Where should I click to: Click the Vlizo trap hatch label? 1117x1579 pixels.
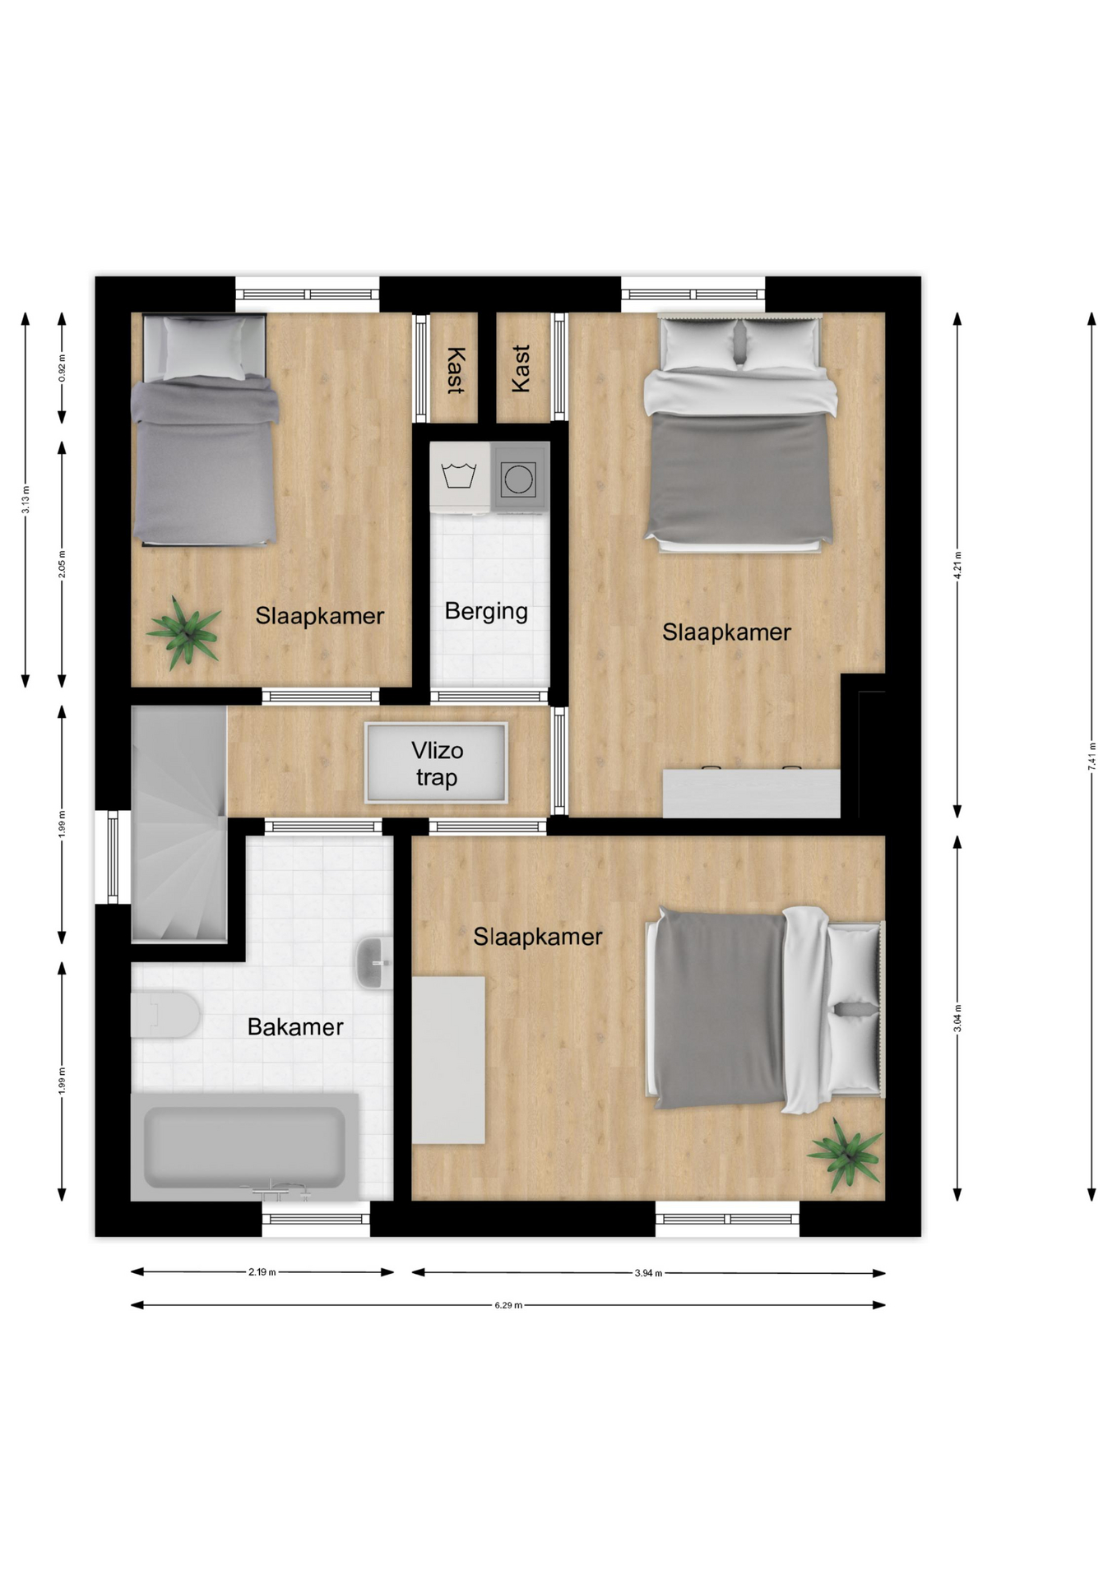[437, 764]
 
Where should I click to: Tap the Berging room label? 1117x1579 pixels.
[486, 612]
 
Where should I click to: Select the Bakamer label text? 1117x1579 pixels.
[295, 1027]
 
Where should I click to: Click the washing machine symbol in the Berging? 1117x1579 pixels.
[459, 476]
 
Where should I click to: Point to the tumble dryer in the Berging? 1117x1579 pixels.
[519, 477]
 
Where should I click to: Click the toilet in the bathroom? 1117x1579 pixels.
[165, 1014]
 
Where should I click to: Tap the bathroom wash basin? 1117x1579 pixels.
[374, 962]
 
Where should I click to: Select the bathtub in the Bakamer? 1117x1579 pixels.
[244, 1146]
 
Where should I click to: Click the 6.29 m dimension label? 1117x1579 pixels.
[508, 1305]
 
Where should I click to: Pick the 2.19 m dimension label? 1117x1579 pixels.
[262, 1272]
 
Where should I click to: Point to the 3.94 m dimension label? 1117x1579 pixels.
[648, 1273]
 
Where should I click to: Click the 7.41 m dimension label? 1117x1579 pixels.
[1092, 756]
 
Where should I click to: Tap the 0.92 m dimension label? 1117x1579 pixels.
[62, 368]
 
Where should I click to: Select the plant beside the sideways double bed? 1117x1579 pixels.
[846, 1155]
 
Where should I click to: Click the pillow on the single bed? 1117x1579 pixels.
[204, 348]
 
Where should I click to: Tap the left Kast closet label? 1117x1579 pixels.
[455, 370]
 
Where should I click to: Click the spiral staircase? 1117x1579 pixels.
[178, 823]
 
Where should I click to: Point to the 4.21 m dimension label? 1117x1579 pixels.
[957, 565]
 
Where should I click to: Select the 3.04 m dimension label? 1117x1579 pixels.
[957, 1018]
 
